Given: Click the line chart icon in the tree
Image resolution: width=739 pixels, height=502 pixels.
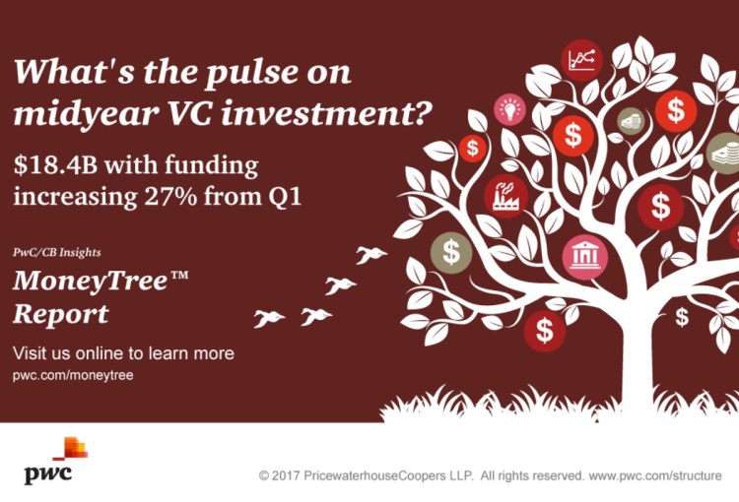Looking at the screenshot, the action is click(x=581, y=60).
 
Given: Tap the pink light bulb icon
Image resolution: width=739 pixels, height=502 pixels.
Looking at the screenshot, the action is click(x=509, y=109).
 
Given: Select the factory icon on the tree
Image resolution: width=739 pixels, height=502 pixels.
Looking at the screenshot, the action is click(x=505, y=196).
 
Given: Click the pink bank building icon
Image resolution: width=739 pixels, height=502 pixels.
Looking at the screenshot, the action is click(x=585, y=257).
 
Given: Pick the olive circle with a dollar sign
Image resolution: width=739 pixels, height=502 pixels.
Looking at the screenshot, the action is click(x=451, y=252).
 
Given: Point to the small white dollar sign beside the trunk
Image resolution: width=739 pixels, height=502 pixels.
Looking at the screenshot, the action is click(x=682, y=317).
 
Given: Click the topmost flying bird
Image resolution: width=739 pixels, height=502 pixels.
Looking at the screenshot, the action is click(x=370, y=255).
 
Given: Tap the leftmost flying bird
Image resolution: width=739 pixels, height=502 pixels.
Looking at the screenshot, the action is click(x=269, y=318).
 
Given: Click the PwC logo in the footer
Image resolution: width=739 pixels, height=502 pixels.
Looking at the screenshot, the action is click(x=55, y=461).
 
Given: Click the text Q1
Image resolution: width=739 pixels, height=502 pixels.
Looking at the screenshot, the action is click(x=284, y=197).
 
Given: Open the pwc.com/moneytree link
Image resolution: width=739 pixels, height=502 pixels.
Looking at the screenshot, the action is click(x=73, y=375).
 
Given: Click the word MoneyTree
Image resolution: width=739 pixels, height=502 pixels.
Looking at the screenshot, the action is click(x=90, y=282).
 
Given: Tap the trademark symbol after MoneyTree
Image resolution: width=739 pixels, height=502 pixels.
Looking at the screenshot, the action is click(x=178, y=275).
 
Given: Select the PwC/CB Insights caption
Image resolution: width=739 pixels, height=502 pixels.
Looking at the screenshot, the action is click(x=57, y=252).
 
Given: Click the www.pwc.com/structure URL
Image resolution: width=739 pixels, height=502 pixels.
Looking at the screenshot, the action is click(x=655, y=475).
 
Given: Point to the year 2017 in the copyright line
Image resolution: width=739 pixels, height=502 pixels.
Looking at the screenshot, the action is click(x=286, y=475).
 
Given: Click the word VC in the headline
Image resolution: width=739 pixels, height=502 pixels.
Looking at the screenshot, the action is click(x=190, y=113).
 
